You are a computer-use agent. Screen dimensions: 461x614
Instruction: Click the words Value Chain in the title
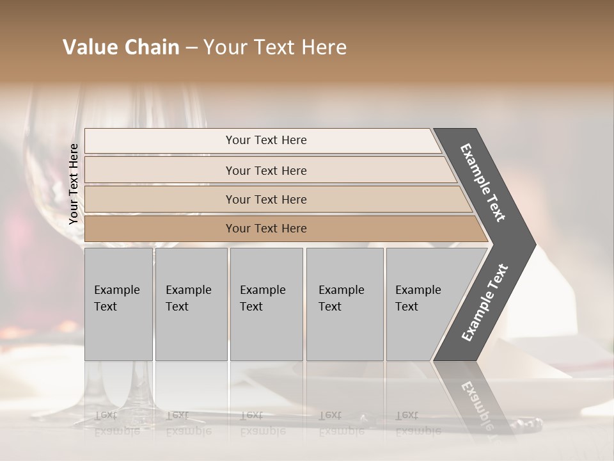[x=121, y=47]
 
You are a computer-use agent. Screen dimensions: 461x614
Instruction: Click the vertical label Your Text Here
[x=74, y=184]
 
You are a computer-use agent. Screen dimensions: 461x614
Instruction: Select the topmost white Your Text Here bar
[x=265, y=140]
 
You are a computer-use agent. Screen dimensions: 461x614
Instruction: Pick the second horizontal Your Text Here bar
[x=265, y=170]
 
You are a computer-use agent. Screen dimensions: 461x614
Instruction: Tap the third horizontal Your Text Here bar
[x=265, y=199]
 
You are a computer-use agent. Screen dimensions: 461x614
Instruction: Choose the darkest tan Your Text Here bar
[x=265, y=229]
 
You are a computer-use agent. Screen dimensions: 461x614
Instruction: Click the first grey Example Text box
[x=118, y=304]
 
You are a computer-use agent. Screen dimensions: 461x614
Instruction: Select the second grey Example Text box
[x=191, y=304]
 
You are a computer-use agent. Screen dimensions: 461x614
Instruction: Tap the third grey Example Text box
[x=265, y=304]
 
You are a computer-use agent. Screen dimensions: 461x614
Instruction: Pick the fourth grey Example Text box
[x=344, y=304]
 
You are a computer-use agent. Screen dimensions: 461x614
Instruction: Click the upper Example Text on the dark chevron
[x=483, y=182]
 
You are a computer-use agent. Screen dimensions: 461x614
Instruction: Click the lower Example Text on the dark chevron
[x=485, y=303]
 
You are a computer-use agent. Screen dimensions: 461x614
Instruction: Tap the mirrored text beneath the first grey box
[x=117, y=423]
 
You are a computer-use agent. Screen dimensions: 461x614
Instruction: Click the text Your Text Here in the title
[x=275, y=47]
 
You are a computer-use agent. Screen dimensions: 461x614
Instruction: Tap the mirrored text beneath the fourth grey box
[x=342, y=423]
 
